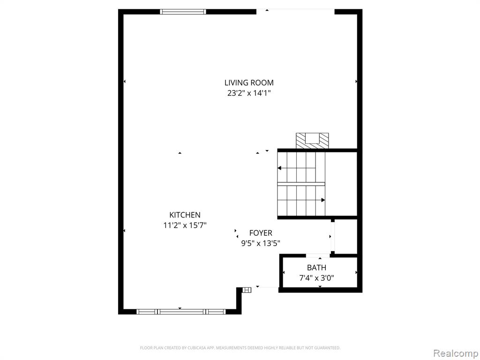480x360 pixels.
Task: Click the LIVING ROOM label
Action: pyautogui.click(x=249, y=82)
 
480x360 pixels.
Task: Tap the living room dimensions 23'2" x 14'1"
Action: pyautogui.click(x=249, y=93)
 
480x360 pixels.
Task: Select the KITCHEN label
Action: pyautogui.click(x=185, y=215)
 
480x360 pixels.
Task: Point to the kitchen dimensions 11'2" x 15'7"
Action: pyautogui.click(x=185, y=225)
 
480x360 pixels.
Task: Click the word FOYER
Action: pyautogui.click(x=261, y=233)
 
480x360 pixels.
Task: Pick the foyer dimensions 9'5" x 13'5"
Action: pyautogui.click(x=261, y=243)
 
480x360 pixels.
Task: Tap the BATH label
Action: pyautogui.click(x=316, y=268)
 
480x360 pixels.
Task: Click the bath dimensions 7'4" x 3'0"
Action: pyautogui.click(x=316, y=278)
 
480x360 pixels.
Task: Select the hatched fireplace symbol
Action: pyautogui.click(x=312, y=141)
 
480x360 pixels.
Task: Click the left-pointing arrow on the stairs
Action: pyautogui.click(x=297, y=168)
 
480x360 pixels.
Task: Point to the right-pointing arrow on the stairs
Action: pyautogui.click(x=301, y=200)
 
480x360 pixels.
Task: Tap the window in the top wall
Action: pyautogui.click(x=183, y=12)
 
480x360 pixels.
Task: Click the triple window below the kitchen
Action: pyautogui.click(x=181, y=312)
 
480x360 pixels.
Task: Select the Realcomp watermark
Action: pyautogui.click(x=455, y=353)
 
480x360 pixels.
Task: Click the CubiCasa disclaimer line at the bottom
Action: pyautogui.click(x=240, y=348)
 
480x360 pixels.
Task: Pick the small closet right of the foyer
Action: pyautogui.click(x=346, y=236)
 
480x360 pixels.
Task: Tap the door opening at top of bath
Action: pyautogui.click(x=318, y=255)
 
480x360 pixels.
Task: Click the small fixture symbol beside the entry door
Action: pyautogui.click(x=247, y=290)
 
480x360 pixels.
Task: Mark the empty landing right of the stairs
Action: pyautogui.click(x=341, y=184)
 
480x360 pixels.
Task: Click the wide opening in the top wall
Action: pyautogui.click(x=295, y=11)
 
